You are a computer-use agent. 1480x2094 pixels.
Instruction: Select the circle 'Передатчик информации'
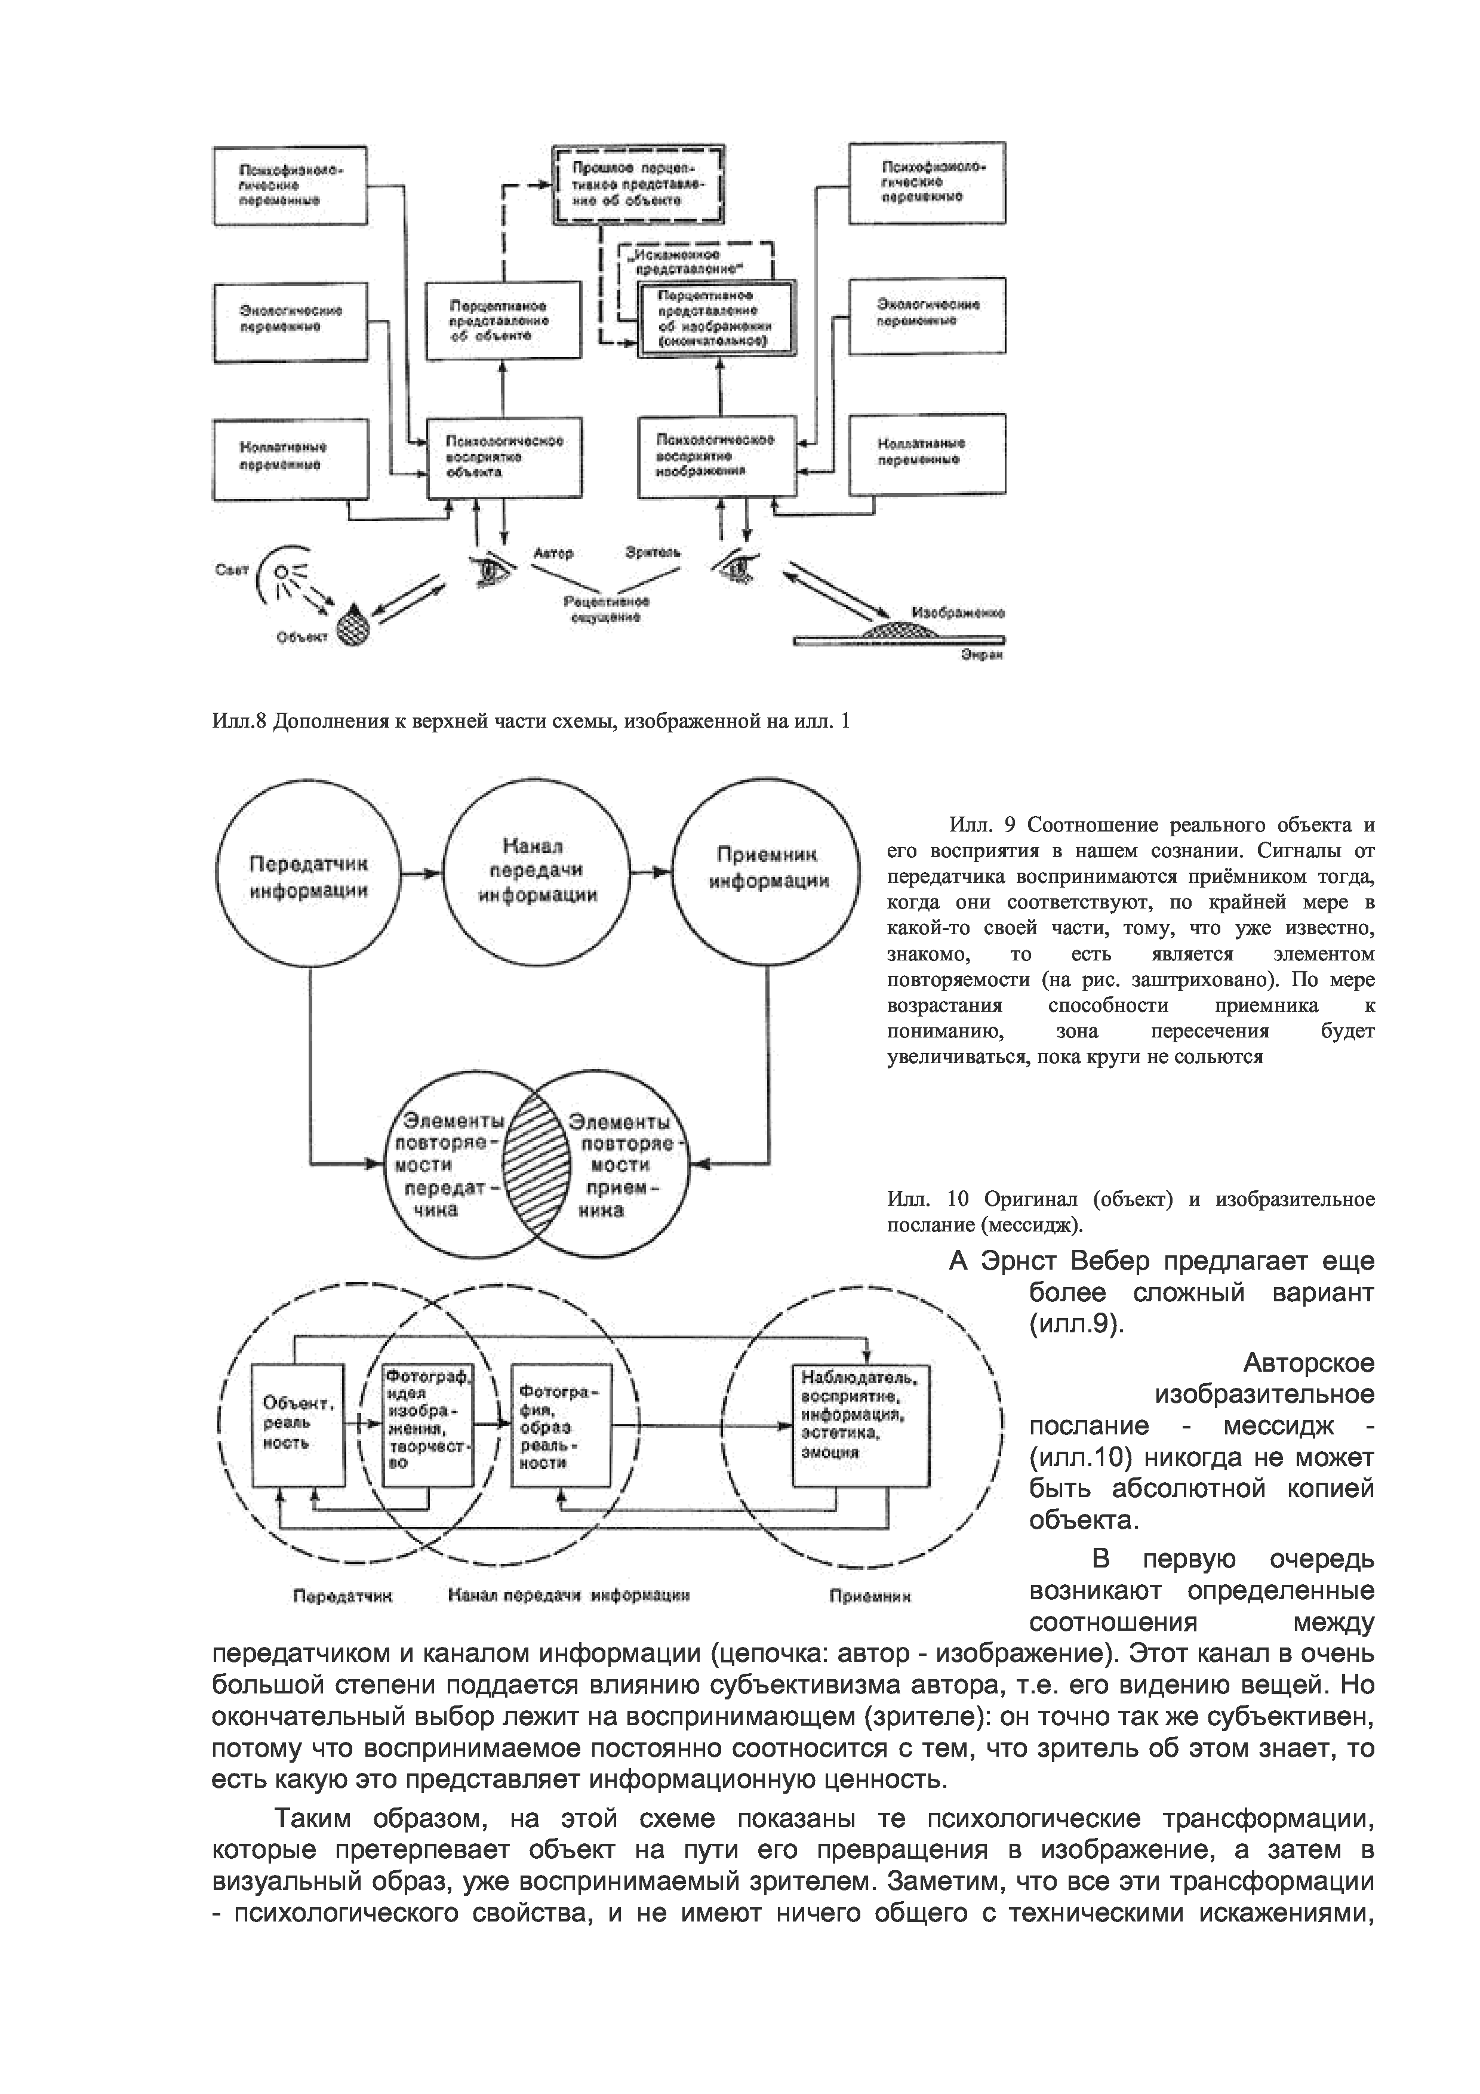pos(309,876)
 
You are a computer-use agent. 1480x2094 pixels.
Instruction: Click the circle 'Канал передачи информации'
pos(538,871)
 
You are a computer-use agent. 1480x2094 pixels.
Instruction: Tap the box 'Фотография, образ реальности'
pos(560,1427)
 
